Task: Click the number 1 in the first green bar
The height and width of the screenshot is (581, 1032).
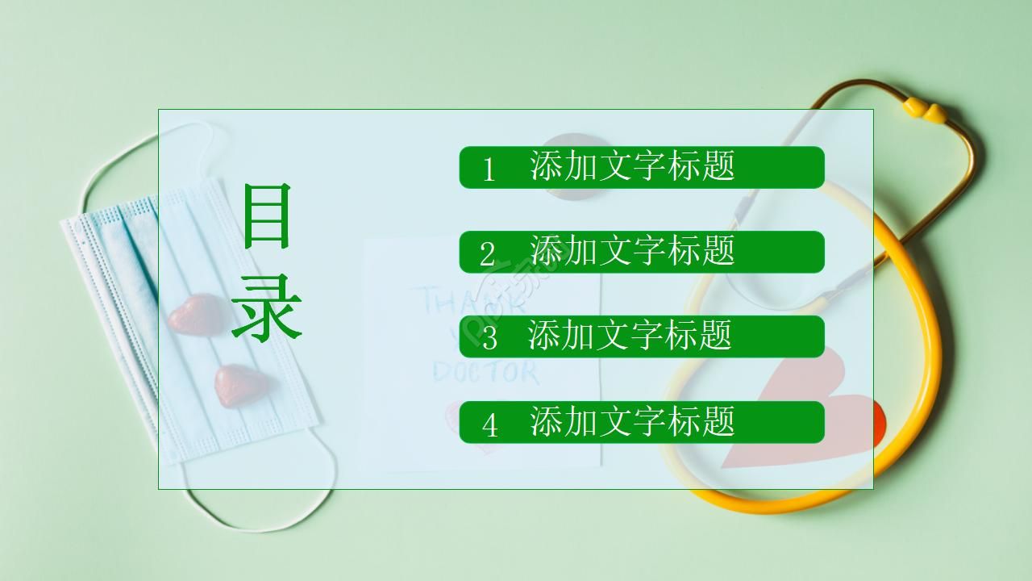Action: point(488,169)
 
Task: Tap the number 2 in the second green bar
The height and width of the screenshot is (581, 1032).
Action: point(488,254)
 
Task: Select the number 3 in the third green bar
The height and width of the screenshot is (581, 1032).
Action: point(489,338)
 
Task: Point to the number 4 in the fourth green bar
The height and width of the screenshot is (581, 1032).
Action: point(489,424)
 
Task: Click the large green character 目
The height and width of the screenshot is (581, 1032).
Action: point(266,215)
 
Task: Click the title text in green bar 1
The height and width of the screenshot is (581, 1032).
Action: point(632,165)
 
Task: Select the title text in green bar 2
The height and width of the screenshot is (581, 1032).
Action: point(632,250)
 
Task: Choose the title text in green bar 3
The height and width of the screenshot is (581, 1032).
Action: point(630,335)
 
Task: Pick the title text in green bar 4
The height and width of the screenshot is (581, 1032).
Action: point(632,420)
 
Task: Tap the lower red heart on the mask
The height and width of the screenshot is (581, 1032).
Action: point(238,384)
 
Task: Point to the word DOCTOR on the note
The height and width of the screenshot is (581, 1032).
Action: point(485,371)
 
